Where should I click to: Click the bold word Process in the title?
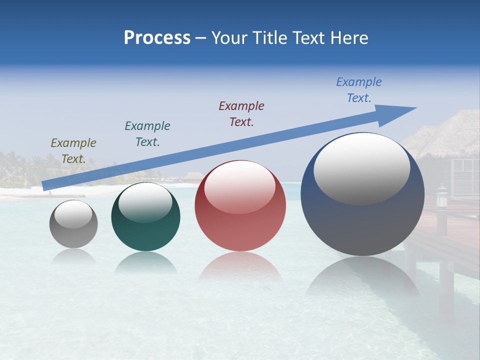(157, 38)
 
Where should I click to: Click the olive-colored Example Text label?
(73, 150)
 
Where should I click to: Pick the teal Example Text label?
(147, 133)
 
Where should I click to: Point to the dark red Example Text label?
(241, 113)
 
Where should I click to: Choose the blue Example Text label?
(359, 90)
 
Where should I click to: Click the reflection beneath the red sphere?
(240, 267)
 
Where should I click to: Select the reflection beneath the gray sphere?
(73, 256)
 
